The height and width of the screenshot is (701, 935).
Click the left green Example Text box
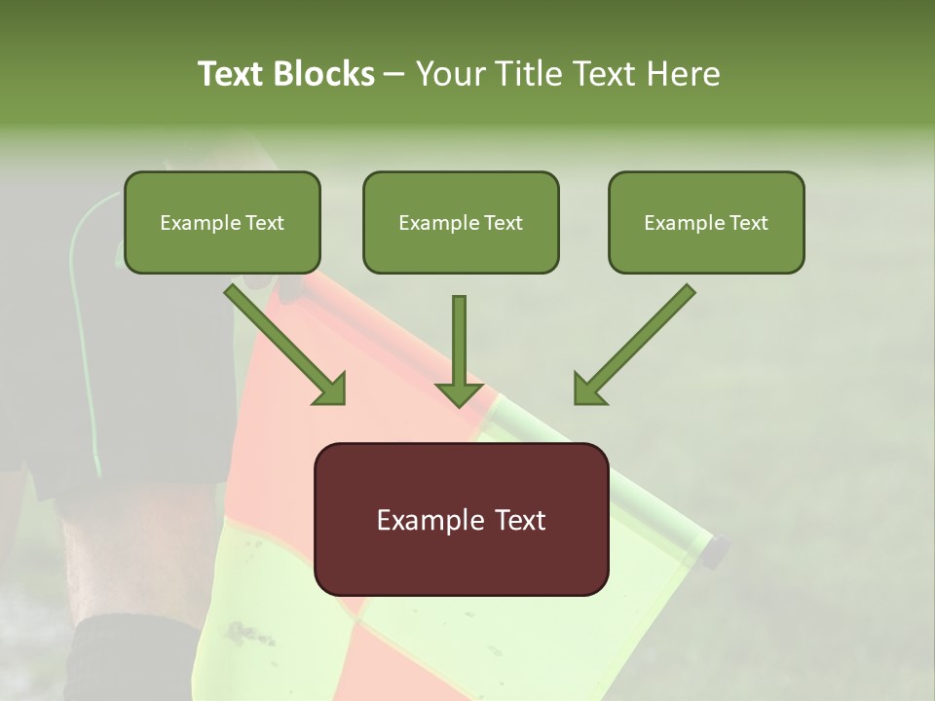click(x=222, y=223)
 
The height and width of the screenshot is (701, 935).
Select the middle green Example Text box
click(x=461, y=223)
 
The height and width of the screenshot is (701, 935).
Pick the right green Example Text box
click(x=706, y=223)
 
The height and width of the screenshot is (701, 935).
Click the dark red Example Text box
click(x=461, y=519)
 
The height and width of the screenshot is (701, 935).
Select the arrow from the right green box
click(x=633, y=346)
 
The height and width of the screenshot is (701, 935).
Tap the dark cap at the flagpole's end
click(x=715, y=551)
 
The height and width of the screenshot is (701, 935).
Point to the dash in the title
click(x=394, y=75)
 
